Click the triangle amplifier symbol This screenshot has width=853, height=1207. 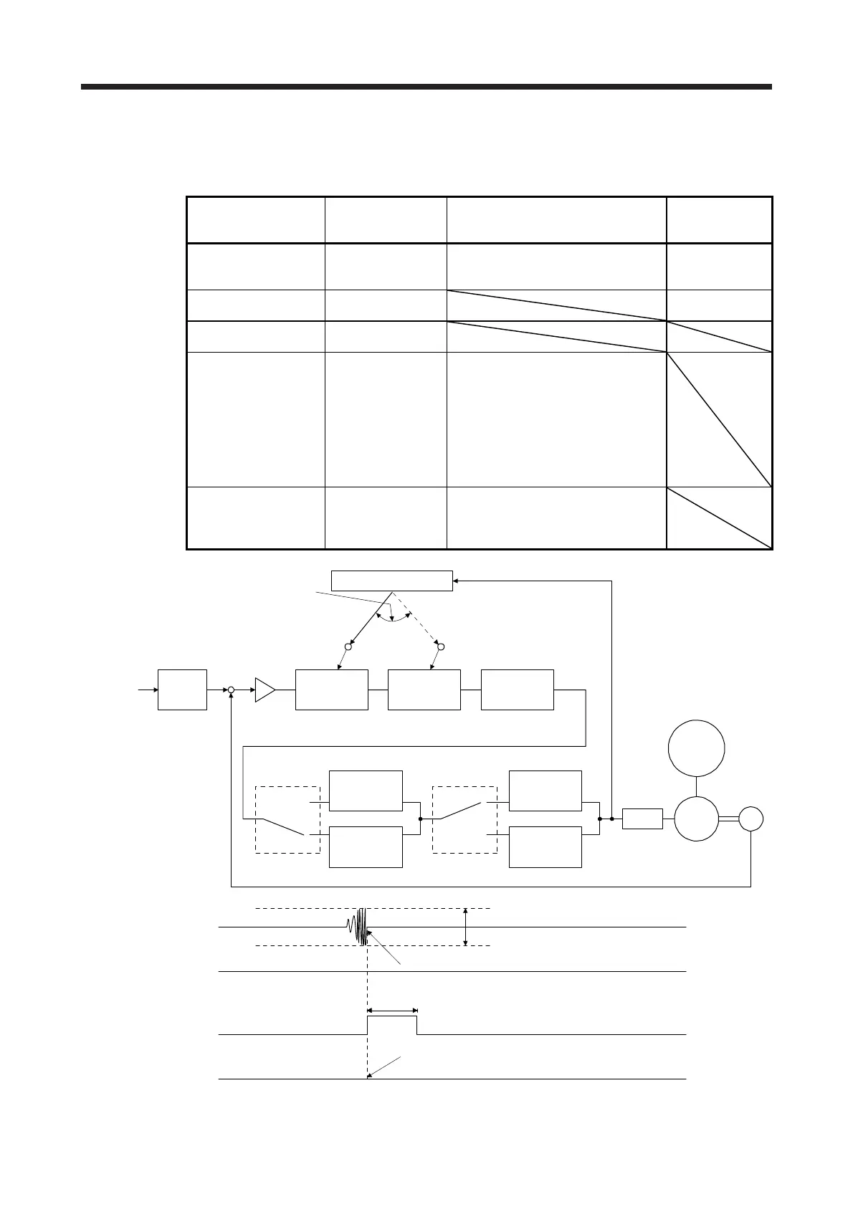[264, 690]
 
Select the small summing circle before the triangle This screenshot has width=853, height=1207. [231, 690]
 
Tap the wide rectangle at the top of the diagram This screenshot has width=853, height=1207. [391, 580]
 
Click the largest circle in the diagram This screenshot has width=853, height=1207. [696, 748]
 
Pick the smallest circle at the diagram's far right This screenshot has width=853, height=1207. [750, 819]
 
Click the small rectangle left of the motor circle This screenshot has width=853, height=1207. [642, 819]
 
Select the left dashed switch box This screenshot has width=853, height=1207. [287, 819]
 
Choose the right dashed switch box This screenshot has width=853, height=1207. [464, 819]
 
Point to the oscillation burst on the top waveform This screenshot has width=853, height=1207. [360, 926]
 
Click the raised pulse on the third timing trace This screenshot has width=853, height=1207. [392, 1024]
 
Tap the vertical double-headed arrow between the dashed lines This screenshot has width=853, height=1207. [466, 927]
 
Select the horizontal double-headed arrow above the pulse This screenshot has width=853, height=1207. [392, 1011]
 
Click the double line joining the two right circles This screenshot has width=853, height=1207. [729, 819]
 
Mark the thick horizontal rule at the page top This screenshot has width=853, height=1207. [426, 87]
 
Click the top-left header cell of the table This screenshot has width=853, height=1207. [255, 220]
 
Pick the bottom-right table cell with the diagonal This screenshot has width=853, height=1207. [719, 517]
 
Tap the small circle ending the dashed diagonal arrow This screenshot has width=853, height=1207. [441, 647]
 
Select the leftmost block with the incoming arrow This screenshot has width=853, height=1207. [182, 690]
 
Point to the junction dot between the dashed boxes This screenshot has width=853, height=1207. [421, 819]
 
